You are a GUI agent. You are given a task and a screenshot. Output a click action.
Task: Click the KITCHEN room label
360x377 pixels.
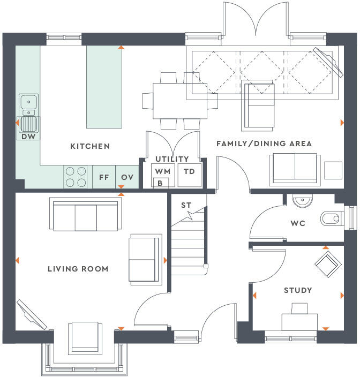pos(90,146)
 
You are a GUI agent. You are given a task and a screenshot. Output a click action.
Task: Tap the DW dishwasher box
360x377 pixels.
pos(27,136)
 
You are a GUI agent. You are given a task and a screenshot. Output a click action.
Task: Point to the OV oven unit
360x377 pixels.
pos(127,177)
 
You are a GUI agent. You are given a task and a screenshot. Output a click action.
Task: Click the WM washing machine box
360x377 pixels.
pos(162,171)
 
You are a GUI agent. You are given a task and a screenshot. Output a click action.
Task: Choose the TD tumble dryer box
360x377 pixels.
pos(189,171)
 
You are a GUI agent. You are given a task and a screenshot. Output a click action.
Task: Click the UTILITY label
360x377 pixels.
pos(172,159)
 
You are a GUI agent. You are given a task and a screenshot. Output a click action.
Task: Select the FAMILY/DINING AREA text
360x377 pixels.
pos(264,144)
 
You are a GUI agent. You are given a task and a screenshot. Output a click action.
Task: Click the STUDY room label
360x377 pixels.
pos(298,290)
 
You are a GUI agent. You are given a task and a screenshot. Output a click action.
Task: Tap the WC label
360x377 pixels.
pos(298,223)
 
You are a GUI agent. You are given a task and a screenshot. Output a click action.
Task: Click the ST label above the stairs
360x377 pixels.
pos(186,205)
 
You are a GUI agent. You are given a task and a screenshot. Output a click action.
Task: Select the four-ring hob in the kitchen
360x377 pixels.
pos(76,177)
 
